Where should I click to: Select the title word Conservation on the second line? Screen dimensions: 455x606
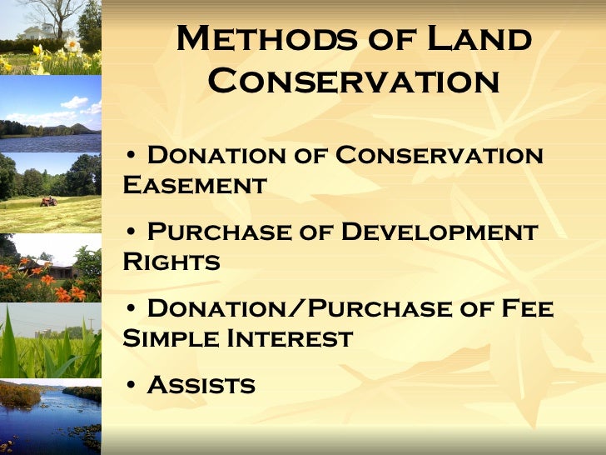353,82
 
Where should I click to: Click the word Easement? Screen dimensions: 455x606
194,184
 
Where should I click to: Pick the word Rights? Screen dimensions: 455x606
171,262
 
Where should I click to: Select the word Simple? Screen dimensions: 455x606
166,338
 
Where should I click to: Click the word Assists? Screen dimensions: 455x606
201,385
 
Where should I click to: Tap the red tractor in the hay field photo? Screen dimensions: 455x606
49,201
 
